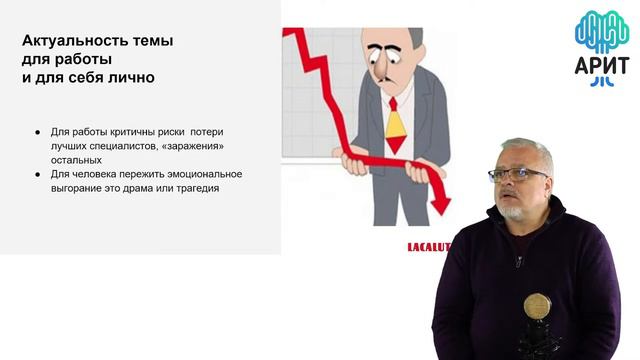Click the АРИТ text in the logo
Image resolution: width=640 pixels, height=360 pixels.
tap(601, 67)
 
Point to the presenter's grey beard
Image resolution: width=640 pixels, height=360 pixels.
tap(513, 211)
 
